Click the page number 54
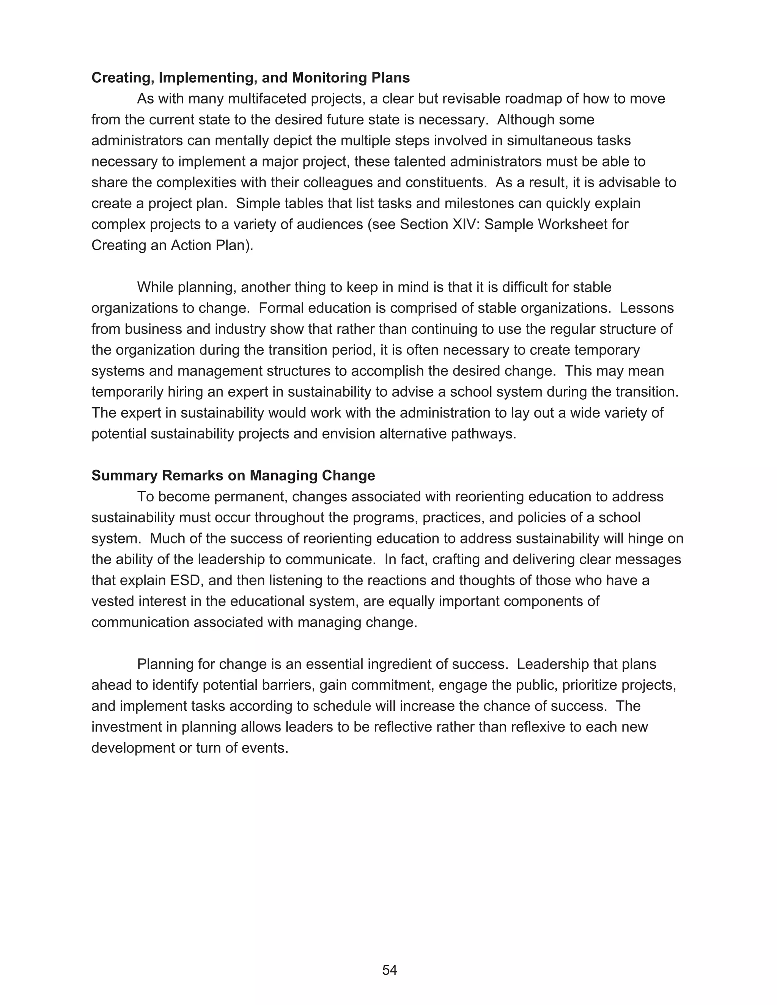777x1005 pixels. click(x=389, y=970)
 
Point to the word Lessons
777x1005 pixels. click(x=647, y=308)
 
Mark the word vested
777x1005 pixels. click(x=113, y=601)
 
